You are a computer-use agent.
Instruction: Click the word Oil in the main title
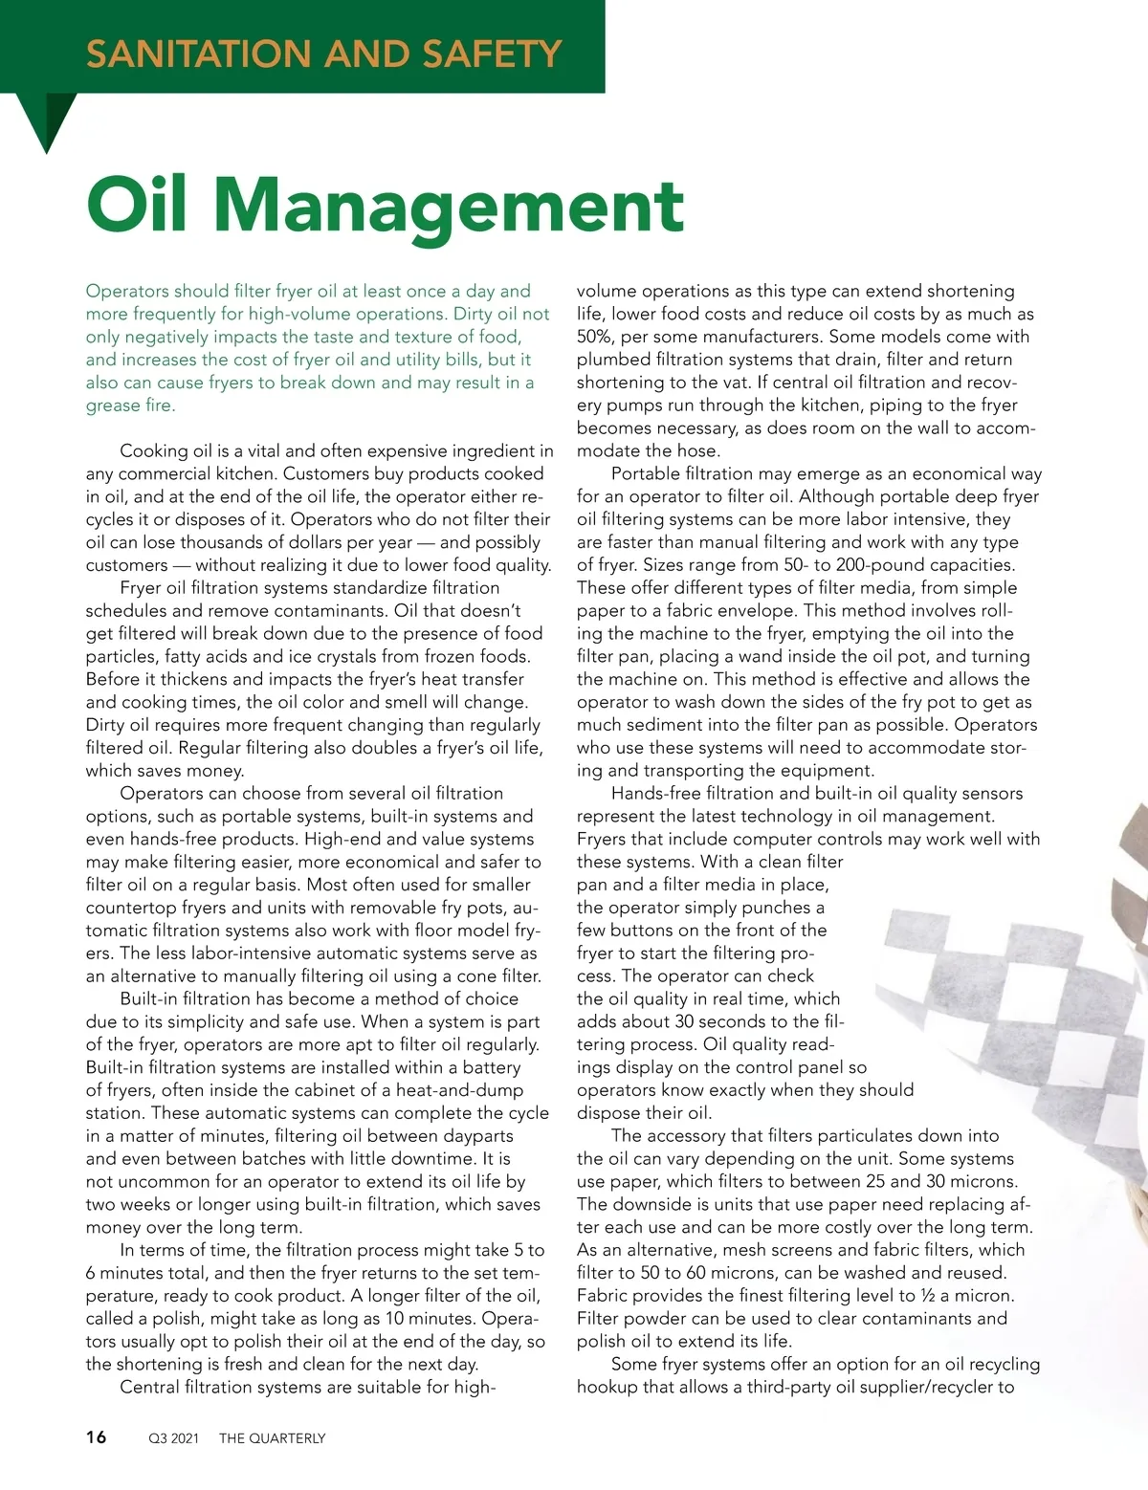point(136,205)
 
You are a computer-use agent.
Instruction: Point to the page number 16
point(97,1436)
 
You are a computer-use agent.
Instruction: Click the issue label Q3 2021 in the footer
point(173,1438)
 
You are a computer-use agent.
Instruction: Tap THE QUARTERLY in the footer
point(272,1438)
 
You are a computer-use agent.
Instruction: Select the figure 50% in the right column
point(599,337)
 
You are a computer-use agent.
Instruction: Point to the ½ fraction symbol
point(928,1296)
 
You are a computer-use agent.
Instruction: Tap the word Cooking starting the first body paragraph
point(153,451)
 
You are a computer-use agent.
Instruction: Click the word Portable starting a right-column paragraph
point(644,474)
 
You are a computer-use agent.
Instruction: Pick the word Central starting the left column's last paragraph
point(152,1388)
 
